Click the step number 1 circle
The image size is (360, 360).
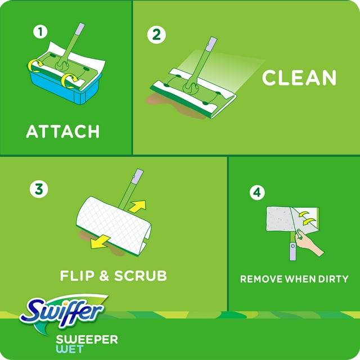[x=39, y=32]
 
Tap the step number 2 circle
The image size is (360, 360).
[x=156, y=35]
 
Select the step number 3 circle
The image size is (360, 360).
[x=39, y=189]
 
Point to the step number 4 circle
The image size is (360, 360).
[x=256, y=193]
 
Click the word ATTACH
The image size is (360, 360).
[x=63, y=132]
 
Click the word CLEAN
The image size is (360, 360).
[x=299, y=78]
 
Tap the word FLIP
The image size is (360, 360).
[x=79, y=276]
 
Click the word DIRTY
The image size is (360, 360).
[x=330, y=278]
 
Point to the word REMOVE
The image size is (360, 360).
[x=261, y=278]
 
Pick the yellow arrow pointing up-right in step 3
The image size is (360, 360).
[x=136, y=206]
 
